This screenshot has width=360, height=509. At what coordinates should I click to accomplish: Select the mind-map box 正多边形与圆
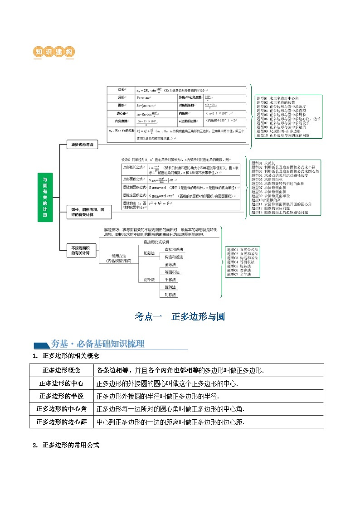point(82,145)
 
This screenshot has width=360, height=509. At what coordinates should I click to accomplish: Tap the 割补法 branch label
point(149,280)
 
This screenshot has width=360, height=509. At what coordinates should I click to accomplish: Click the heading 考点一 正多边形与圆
point(180,317)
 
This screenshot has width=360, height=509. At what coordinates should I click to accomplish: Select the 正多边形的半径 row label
point(61,396)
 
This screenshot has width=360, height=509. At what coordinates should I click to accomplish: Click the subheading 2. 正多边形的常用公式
point(66,446)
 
